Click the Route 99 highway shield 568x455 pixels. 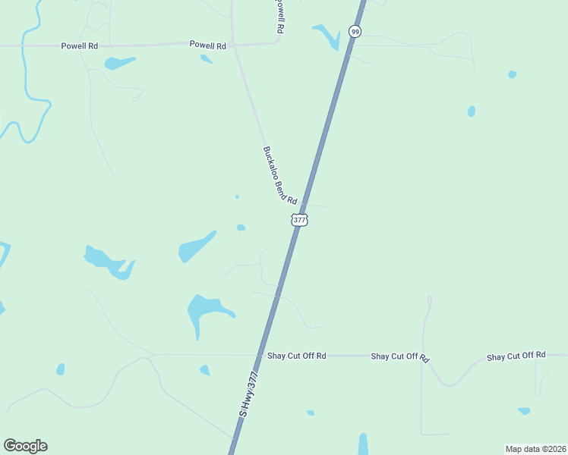355,31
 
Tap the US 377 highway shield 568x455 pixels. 299,220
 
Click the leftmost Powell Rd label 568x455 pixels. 80,45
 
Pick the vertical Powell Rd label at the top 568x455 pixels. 279,15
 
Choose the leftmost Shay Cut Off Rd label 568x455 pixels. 296,355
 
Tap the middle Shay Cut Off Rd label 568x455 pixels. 400,356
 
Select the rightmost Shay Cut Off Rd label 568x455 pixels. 516,356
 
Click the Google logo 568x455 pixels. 25,446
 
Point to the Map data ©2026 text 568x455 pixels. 535,449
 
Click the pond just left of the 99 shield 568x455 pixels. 328,35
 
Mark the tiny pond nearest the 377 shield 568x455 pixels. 241,227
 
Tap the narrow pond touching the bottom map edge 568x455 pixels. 363,444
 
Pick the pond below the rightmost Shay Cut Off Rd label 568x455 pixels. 524,411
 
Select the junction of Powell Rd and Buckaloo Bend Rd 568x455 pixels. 234,44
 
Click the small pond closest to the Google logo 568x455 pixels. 60,369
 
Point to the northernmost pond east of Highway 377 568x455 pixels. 512,74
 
